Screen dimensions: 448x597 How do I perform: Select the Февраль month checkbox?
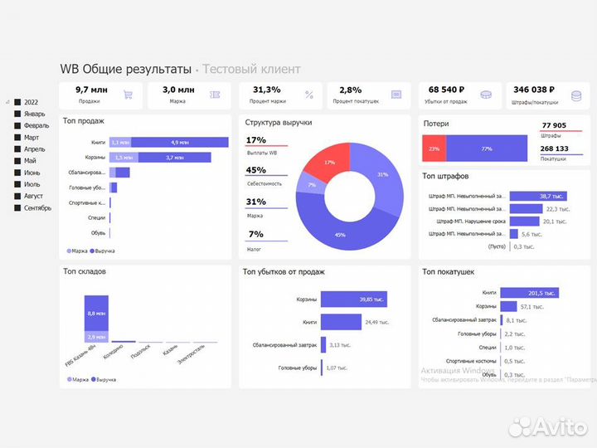[17, 125]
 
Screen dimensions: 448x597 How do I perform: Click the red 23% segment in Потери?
[434, 149]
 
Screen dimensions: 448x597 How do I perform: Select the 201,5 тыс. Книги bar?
[529, 292]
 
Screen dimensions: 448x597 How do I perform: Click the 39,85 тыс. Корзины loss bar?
[353, 299]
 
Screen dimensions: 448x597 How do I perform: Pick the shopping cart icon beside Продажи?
[128, 95]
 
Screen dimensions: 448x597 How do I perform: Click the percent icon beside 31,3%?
[308, 95]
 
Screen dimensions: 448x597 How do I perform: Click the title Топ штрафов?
[445, 177]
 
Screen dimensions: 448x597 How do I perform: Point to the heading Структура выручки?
[279, 122]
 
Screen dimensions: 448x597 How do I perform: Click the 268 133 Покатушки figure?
[554, 149]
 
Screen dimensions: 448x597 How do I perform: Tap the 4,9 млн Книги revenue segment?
[179, 142]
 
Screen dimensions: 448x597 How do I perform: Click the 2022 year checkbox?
[17, 102]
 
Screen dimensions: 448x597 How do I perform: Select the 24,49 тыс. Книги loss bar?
[341, 322]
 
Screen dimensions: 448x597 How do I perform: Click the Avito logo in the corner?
[547, 426]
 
